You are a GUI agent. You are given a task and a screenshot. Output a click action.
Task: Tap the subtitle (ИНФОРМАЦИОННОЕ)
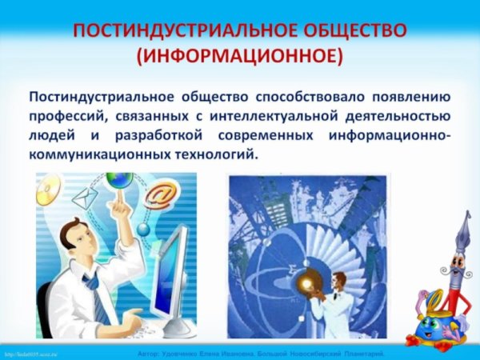[x=240, y=58]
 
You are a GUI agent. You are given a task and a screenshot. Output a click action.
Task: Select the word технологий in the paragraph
[x=218, y=154]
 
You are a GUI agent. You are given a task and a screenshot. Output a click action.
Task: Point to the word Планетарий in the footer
[x=362, y=353]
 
